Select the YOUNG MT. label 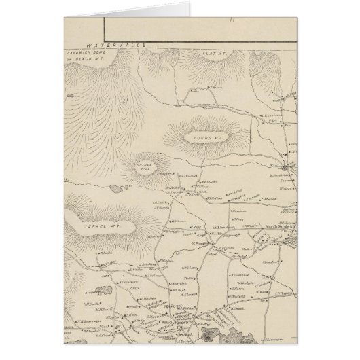coord(209,138)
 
